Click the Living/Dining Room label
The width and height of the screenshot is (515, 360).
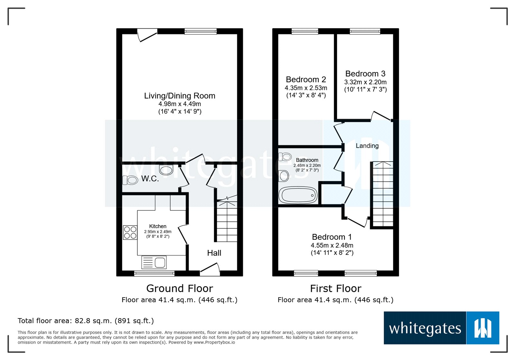180,96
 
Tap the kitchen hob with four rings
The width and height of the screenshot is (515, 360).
130,233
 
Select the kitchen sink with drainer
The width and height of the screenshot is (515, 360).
154,262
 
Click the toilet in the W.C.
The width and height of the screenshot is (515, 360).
130,180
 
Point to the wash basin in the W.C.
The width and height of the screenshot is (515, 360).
166,170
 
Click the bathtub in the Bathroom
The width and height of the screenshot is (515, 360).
298,195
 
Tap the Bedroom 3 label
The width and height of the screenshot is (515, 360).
365,74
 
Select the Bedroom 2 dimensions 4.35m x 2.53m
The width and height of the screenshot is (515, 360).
306,88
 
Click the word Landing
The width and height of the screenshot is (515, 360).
367,146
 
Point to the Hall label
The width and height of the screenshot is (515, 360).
214,253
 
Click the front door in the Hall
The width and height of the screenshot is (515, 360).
210,270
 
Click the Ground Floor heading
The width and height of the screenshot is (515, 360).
180,288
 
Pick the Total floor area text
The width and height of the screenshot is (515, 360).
86,321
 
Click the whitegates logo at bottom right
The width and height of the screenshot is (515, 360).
441,328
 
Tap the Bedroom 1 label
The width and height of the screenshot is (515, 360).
332,237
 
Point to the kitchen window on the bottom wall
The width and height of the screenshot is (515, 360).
154,274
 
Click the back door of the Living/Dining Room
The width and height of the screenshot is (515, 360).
147,35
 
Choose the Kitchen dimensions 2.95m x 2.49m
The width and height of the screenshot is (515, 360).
158,232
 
